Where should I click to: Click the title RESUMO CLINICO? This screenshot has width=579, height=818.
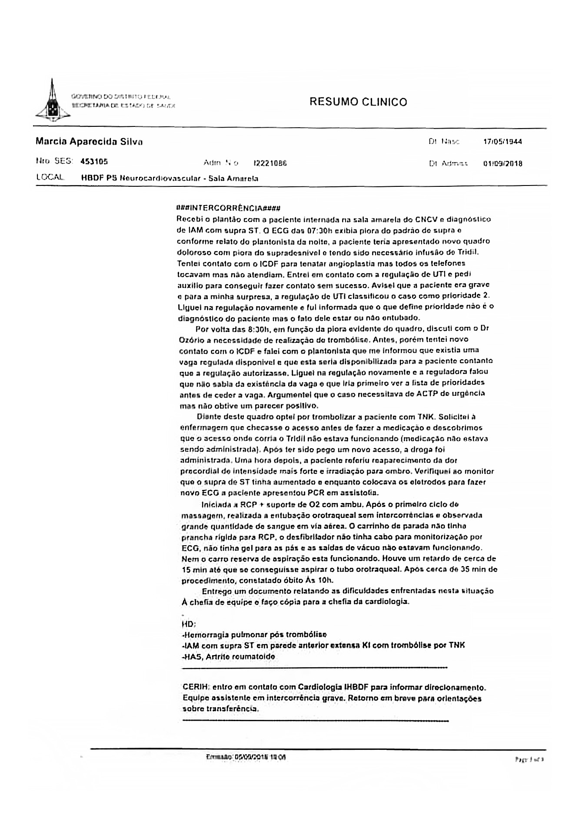tap(358, 102)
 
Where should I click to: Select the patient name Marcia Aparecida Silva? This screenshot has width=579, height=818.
tap(89, 142)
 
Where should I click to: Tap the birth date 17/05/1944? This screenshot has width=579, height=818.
tap(502, 142)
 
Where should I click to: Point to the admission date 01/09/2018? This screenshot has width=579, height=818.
tap(502, 164)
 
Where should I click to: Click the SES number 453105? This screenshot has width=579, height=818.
tap(94, 162)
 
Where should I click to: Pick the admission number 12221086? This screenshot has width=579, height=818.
tap(270, 163)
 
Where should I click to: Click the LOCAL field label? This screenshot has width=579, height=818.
tap(50, 178)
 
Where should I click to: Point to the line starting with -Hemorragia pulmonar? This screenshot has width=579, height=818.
tap(254, 634)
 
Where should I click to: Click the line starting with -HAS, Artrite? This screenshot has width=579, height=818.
tap(229, 656)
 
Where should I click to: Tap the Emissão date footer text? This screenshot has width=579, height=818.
tap(246, 757)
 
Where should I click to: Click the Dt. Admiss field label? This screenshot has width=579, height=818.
tap(448, 164)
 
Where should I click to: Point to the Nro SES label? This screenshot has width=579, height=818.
tap(54, 162)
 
